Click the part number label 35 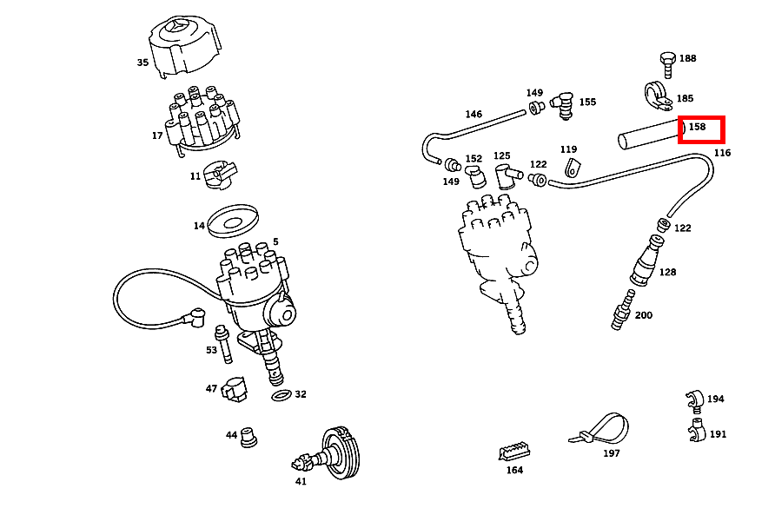(142, 63)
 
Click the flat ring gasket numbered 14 (234, 220)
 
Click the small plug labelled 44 (250, 436)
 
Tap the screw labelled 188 (667, 62)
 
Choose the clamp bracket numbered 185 (658, 96)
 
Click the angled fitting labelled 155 (565, 103)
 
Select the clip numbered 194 (692, 399)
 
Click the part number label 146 (474, 114)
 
